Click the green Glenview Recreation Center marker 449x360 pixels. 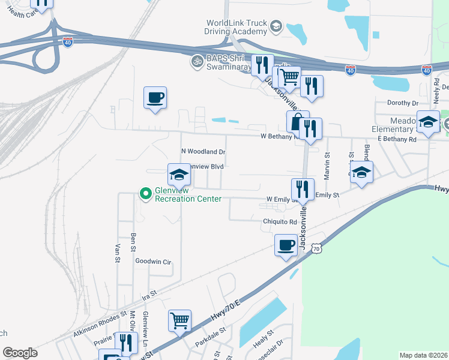coord(145,194)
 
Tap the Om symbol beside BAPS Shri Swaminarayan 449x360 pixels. coord(196,61)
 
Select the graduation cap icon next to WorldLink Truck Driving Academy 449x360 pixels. coord(275,26)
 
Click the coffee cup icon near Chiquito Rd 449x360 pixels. coord(286,245)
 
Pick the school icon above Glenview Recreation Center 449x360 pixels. coord(178,175)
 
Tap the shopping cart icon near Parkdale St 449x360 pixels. coord(179,321)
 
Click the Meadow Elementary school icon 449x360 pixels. coord(427,122)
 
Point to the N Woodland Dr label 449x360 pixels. coord(203,152)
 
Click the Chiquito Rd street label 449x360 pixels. coord(280,221)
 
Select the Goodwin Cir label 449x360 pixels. coord(153,262)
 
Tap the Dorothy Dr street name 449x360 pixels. coord(402,103)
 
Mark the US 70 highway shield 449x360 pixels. coord(316,247)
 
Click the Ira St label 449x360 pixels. coord(149,295)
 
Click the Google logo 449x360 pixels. coord(20,353)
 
